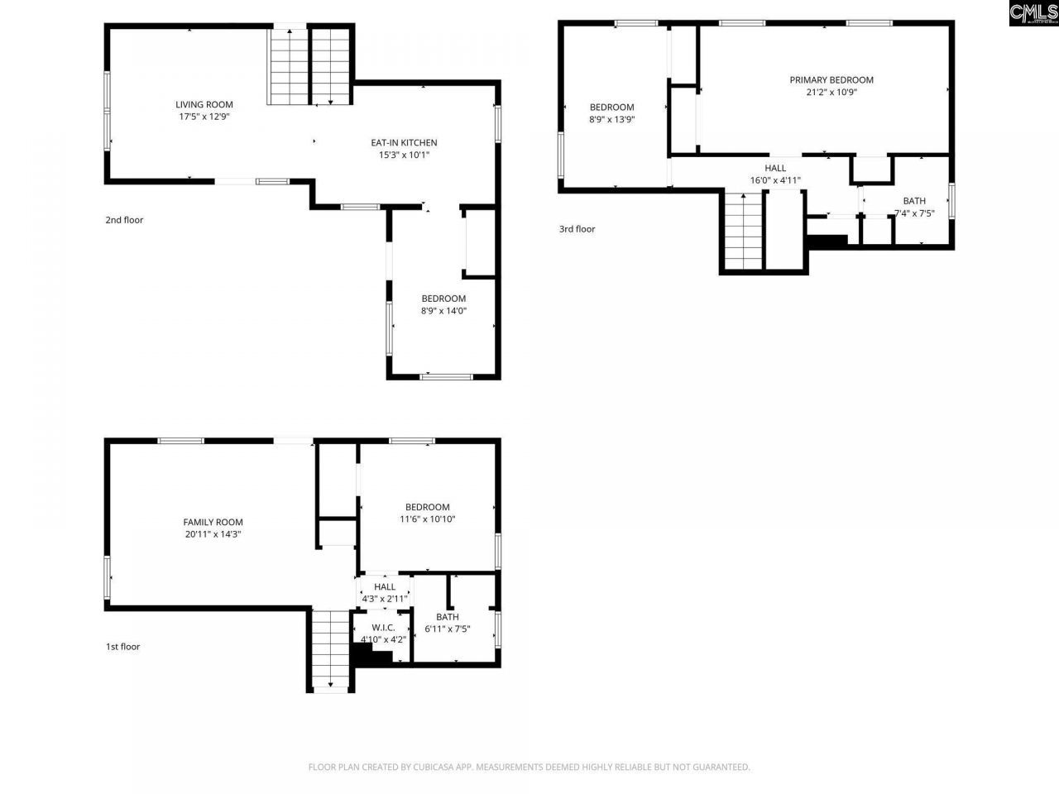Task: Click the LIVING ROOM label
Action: click(204, 104)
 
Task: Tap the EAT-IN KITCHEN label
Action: click(404, 142)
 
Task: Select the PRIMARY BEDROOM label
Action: click(831, 80)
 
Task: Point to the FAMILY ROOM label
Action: click(213, 522)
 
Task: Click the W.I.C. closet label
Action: click(383, 627)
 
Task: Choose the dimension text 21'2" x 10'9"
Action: click(831, 93)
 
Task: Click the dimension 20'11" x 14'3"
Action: click(213, 534)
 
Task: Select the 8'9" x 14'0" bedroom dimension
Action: click(443, 311)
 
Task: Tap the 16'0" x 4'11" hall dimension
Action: click(775, 180)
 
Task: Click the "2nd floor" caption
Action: click(124, 220)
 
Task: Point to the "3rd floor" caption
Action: click(577, 229)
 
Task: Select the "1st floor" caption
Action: click(122, 647)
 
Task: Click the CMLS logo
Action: click(1033, 13)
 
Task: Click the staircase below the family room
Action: click(330, 649)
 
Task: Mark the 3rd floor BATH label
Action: click(914, 201)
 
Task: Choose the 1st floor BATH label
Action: click(448, 617)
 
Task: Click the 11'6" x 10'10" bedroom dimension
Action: click(428, 519)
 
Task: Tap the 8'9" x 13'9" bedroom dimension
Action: click(612, 119)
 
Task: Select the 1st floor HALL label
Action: click(385, 586)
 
